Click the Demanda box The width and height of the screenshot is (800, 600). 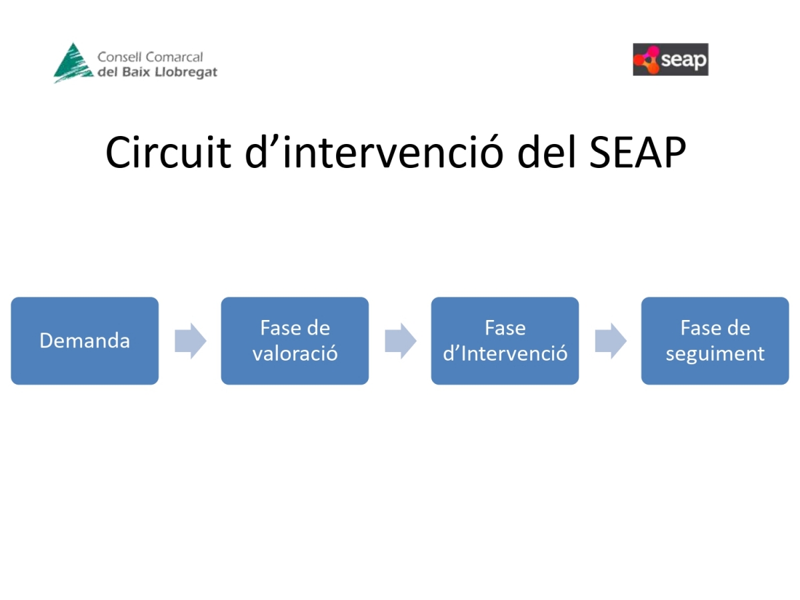(85, 341)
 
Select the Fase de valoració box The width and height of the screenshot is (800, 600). (295, 341)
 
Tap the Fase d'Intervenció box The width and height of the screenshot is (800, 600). (505, 341)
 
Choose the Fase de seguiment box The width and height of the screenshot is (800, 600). (715, 341)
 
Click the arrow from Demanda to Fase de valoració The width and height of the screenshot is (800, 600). (191, 341)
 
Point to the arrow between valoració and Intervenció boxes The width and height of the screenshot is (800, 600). (401, 341)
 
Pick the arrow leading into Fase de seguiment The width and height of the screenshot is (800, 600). (611, 341)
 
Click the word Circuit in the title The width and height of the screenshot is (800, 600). (169, 152)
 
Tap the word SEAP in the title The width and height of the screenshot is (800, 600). (637, 152)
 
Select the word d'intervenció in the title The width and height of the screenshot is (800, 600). (374, 152)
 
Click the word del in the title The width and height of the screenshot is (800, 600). (547, 152)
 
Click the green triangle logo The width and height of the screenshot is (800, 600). (73, 63)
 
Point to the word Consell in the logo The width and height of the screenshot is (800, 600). (119, 57)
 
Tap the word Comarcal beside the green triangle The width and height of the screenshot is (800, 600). (174, 57)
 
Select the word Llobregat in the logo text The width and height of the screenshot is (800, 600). (186, 72)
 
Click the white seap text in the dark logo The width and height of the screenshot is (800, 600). (683, 60)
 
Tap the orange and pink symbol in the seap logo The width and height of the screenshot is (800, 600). (647, 60)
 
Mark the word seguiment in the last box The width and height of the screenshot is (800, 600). (715, 353)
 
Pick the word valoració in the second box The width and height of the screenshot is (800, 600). (295, 353)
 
